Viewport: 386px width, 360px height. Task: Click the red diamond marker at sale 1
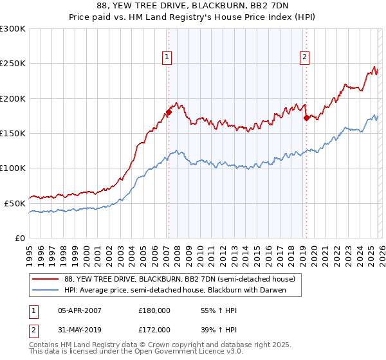[169, 113]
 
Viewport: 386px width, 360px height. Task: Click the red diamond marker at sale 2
[307, 118]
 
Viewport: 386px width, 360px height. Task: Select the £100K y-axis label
[13, 168]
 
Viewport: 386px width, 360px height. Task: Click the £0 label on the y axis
[19, 237]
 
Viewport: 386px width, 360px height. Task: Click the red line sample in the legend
[45, 280]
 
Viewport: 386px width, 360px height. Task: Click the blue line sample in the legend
[45, 291]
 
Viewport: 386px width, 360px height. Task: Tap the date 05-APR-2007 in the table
[80, 310]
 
